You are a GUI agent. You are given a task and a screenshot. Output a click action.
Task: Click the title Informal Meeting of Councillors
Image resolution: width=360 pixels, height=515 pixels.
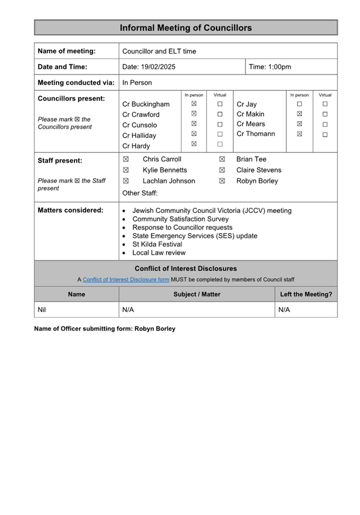186,28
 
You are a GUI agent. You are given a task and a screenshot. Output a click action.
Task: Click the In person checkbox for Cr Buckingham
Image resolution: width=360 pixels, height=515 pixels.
194,104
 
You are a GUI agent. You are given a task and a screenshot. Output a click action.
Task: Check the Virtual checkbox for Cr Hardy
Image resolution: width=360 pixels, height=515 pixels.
220,145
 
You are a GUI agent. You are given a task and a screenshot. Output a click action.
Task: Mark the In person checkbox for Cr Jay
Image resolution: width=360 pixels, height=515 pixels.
300,104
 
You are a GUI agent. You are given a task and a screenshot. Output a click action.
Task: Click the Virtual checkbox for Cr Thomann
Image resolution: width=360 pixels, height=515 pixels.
325,134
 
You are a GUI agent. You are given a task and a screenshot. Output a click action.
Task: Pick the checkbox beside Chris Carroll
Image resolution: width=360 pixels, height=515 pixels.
126,159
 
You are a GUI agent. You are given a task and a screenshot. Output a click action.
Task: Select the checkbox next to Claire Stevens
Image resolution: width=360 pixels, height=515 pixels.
222,170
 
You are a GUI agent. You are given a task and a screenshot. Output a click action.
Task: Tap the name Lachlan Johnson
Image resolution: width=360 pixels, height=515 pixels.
169,181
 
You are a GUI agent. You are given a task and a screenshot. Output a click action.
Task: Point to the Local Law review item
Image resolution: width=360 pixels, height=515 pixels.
159,253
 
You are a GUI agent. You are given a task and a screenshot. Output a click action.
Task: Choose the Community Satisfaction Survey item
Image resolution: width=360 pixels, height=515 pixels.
181,219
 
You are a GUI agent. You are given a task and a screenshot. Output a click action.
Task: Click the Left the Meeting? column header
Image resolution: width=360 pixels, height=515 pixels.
306,294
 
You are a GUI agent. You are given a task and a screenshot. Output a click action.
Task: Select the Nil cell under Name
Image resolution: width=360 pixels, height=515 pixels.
42,310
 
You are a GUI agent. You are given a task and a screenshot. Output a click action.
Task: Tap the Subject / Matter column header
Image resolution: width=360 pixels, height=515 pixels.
197,294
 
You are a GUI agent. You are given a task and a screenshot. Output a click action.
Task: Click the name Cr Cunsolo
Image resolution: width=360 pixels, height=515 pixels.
140,125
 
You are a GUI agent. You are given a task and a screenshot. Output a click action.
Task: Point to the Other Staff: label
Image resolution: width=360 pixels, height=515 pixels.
140,193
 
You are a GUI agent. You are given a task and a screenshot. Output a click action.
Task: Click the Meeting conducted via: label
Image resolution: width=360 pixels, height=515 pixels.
76,82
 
